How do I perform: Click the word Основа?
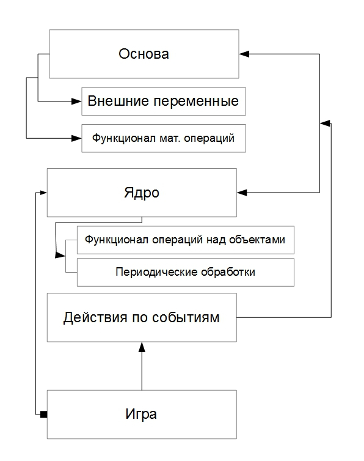144,54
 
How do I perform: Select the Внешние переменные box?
164,101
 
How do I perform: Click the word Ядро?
142,193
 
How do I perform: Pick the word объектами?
257,240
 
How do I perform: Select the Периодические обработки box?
186,272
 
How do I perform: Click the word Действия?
95,317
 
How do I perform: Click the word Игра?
141,415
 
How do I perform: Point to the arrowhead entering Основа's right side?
244,54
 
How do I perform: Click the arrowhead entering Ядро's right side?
242,193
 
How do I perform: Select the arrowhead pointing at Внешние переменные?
76,101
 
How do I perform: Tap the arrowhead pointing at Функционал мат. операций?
76,138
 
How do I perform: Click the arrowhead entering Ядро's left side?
43,193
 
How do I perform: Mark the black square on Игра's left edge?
43,415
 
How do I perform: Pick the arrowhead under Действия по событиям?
142,347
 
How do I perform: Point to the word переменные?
196,101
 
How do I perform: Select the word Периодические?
156,272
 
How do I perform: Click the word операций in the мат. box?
209,138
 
